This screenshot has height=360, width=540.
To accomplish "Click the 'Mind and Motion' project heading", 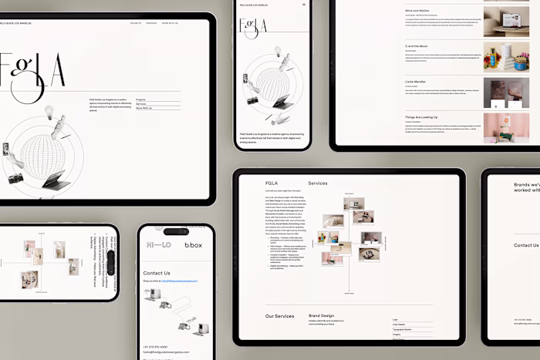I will (418, 11).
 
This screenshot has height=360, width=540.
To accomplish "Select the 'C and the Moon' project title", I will (417, 46).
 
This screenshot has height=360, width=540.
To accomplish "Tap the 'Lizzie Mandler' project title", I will (416, 81).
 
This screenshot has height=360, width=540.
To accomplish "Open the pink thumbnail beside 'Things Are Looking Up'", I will (506, 127).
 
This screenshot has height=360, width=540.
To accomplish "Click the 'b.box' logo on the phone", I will (193, 245).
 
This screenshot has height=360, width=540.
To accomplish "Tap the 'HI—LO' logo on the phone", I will (159, 245).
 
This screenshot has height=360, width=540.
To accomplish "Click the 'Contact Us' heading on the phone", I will (157, 273).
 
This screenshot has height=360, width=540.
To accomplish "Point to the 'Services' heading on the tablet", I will (318, 183).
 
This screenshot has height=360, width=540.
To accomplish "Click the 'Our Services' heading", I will (279, 316).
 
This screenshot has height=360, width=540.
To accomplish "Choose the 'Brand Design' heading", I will (322, 316).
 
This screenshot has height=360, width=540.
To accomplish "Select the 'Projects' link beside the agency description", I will (141, 100).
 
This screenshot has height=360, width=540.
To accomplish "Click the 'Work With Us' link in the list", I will (144, 109).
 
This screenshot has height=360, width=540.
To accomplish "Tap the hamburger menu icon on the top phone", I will (304, 5).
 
